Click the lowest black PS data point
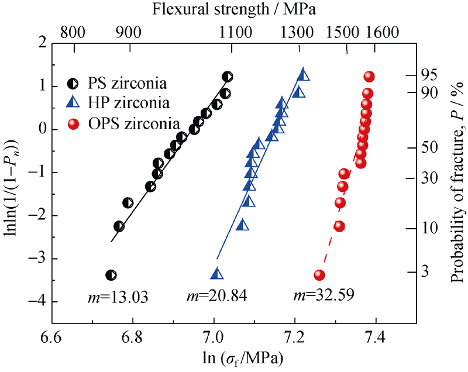tap(111, 275)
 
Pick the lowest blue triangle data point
tap(217, 274)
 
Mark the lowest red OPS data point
tap(319, 275)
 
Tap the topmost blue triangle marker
tap(303, 74)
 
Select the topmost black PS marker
tap(228, 77)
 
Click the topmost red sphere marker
tap(369, 77)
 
